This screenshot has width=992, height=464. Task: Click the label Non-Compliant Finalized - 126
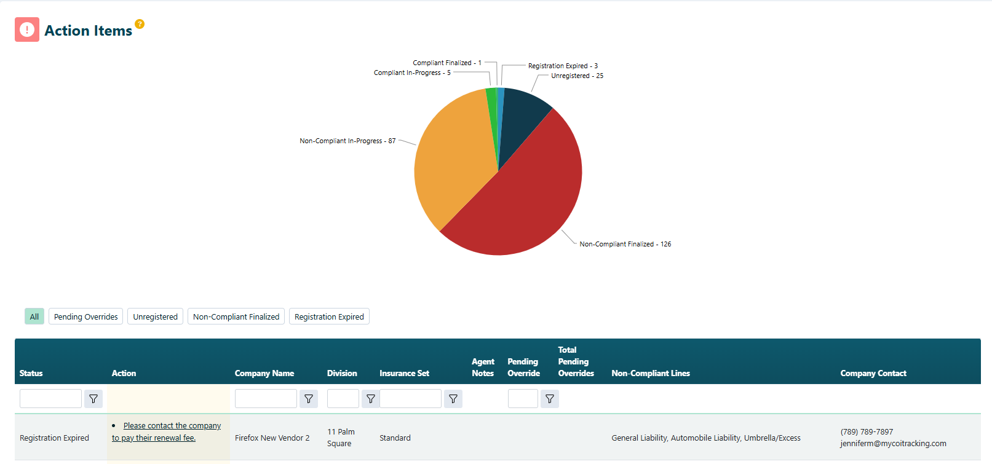[x=625, y=244]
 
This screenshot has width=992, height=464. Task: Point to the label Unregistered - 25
[x=577, y=76]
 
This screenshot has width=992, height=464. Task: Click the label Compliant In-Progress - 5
[x=412, y=73]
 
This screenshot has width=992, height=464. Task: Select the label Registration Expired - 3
[x=563, y=66]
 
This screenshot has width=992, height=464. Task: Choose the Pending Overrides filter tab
[x=85, y=317]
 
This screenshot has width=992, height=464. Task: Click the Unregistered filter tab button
[x=155, y=317]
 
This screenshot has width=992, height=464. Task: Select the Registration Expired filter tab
[x=329, y=317]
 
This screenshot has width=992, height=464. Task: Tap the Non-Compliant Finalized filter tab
[x=236, y=317]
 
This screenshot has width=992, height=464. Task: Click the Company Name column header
[x=264, y=373]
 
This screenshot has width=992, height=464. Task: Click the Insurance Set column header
[x=404, y=373]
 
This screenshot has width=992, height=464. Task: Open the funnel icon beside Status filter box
[x=93, y=399]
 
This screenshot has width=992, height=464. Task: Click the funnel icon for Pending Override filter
[x=550, y=399]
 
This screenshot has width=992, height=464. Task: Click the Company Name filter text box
[x=266, y=399]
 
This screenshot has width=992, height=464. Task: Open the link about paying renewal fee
[x=166, y=431]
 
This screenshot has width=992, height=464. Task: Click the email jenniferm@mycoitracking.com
[x=893, y=444]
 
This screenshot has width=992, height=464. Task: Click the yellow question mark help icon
[x=140, y=24]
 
